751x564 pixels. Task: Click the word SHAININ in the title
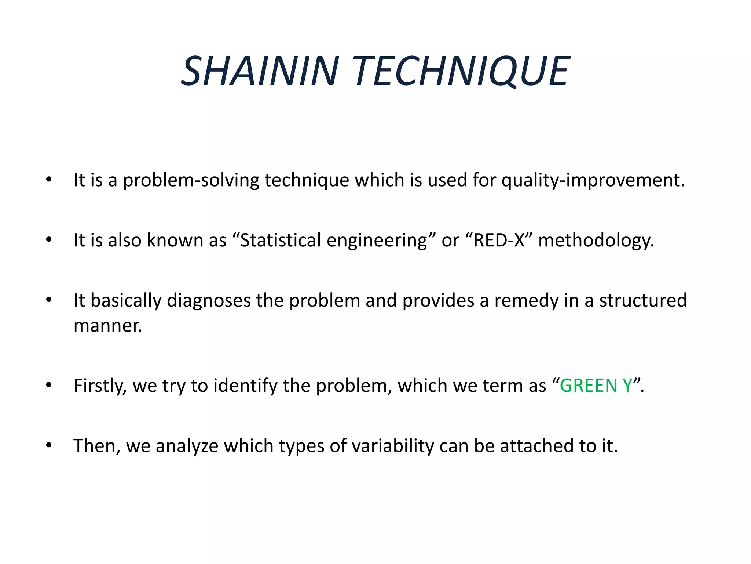[260, 71]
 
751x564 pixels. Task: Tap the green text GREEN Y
[596, 386]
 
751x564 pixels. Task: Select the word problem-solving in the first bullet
[191, 180]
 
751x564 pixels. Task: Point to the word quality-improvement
[593, 180]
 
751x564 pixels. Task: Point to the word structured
[643, 301]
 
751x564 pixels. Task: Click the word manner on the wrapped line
[107, 326]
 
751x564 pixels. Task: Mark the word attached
[537, 445]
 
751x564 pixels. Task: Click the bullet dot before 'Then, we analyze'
[49, 445]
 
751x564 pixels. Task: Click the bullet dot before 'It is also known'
[49, 240]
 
